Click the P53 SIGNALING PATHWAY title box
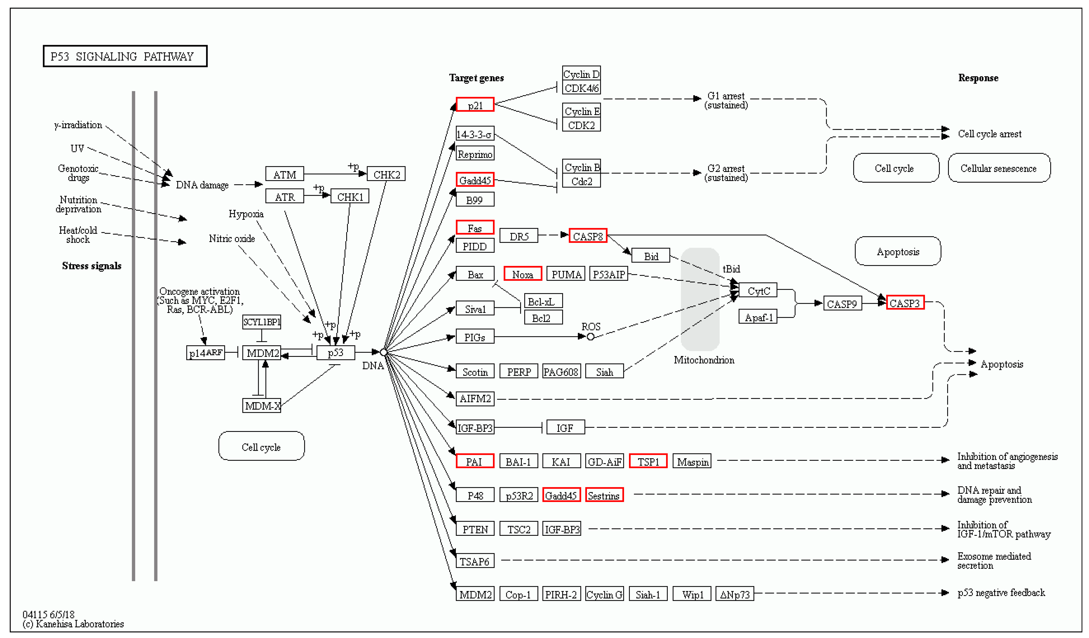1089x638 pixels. [125, 56]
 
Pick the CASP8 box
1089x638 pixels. [588, 236]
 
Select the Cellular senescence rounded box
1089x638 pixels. [999, 168]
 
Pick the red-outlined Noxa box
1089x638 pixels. [522, 274]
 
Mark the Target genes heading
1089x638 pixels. [476, 78]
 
